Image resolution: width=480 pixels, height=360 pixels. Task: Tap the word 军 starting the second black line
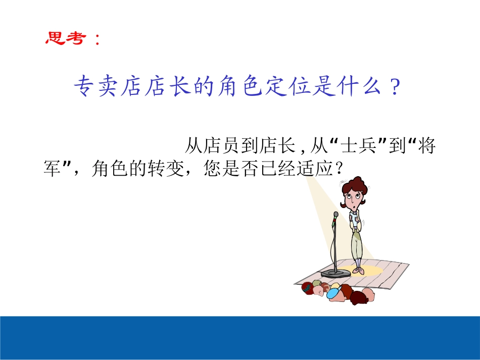[x=52, y=169]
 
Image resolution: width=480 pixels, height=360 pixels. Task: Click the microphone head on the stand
[x=336, y=215]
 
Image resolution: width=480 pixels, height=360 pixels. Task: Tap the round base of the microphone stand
[x=335, y=273]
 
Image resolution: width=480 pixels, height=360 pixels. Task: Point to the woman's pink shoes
[x=358, y=271]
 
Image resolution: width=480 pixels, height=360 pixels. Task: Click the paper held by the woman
[x=354, y=216]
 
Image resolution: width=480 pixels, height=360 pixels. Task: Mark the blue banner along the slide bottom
[x=240, y=337]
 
